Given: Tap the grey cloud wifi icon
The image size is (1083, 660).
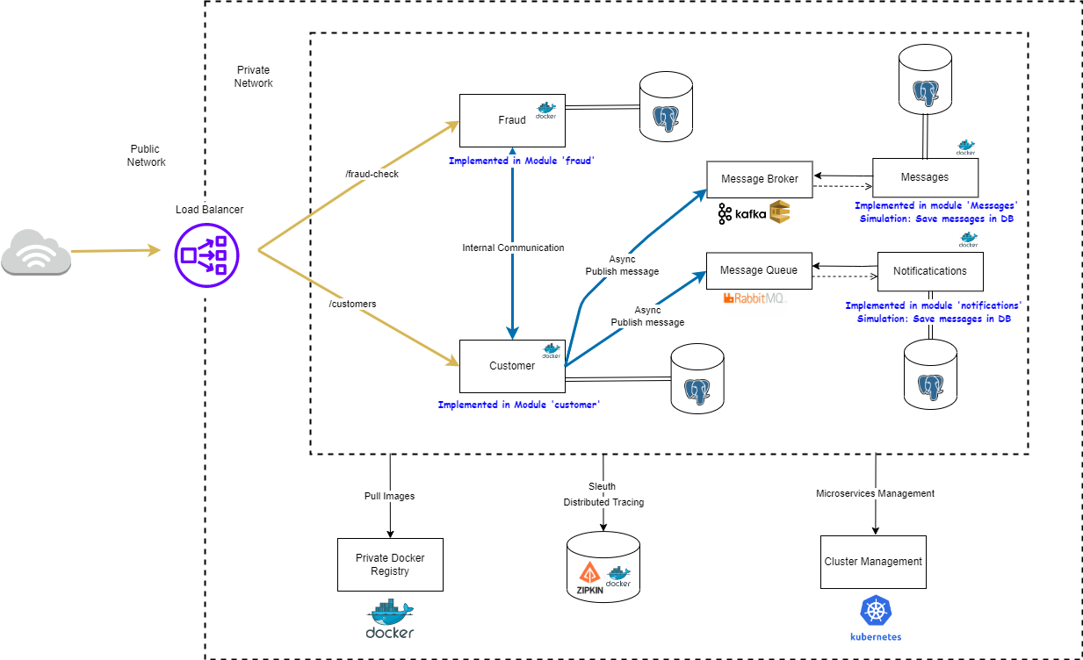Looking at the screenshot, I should [36, 252].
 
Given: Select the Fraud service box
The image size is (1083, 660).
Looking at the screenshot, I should [512, 120].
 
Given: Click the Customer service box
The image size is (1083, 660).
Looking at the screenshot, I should [512, 366].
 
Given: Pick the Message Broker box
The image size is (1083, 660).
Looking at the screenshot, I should [759, 179].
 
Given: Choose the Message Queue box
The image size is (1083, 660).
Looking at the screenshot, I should [759, 270].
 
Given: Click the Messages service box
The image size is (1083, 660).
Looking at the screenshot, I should [925, 177].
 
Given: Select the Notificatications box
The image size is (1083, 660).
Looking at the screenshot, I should [929, 271].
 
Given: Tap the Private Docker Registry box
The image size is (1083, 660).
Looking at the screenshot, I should [389, 564].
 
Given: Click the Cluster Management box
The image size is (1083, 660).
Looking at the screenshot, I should [873, 562].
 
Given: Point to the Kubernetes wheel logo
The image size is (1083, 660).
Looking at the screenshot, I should [875, 611].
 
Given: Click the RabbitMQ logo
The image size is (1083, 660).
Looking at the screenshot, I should [754, 299].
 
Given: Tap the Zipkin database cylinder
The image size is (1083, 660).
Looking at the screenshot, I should [603, 567].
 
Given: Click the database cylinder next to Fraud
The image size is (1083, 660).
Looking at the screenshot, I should [665, 107].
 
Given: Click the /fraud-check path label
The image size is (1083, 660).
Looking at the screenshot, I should [372, 174].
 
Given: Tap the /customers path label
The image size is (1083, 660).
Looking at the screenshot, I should [352, 304].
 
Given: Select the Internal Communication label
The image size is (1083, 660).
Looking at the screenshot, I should [513, 248].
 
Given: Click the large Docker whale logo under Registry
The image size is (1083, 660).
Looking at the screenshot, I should [389, 619].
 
